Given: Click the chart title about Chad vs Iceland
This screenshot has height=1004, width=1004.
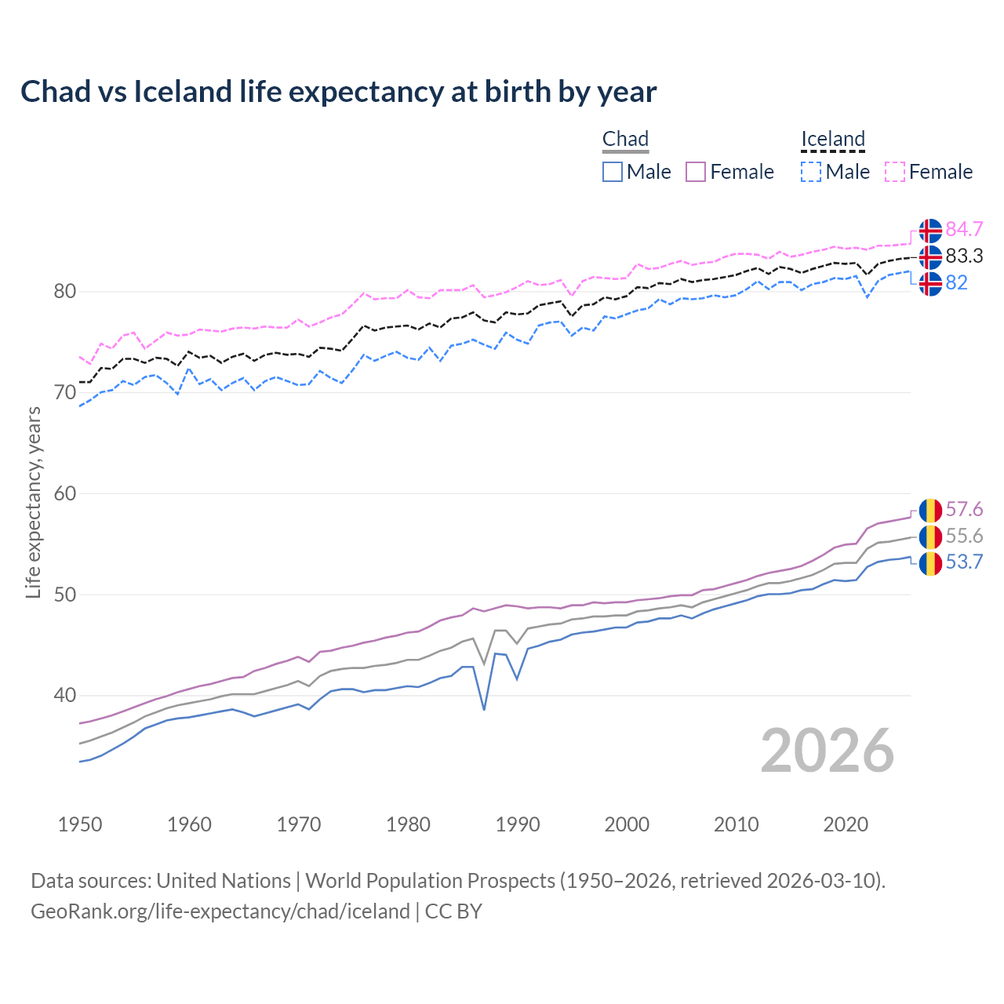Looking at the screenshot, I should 338,92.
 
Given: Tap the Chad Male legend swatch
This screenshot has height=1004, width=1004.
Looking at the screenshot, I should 613,172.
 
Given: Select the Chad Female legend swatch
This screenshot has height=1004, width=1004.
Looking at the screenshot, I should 697,172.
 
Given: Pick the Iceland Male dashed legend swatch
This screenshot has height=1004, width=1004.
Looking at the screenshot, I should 811,172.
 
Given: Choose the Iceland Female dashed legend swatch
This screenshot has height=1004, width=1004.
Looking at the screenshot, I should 895,172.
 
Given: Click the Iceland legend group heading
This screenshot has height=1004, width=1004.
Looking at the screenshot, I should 832,139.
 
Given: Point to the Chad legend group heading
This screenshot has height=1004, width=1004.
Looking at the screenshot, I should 625,139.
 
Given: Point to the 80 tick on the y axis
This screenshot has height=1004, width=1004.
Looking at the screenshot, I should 65,292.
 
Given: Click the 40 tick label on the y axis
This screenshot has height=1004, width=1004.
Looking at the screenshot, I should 65,696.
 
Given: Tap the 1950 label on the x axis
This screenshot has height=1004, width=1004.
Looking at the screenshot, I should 80,824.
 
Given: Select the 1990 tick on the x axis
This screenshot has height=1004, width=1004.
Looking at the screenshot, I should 518,824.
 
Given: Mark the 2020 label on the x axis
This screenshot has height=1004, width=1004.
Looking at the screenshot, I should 846,824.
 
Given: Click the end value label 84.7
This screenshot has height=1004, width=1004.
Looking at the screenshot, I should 964,230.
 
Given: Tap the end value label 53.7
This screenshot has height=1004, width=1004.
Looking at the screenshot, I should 964,562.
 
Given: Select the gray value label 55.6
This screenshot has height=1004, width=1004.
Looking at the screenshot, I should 964,537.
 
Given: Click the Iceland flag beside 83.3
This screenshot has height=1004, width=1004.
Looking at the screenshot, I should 930,256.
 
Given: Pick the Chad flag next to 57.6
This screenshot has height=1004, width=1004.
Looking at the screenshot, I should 930,510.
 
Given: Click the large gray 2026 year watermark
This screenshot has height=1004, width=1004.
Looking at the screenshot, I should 828,751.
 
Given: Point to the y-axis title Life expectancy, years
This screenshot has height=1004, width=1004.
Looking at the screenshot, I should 34,502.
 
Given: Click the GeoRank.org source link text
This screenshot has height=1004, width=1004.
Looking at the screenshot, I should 220,911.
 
